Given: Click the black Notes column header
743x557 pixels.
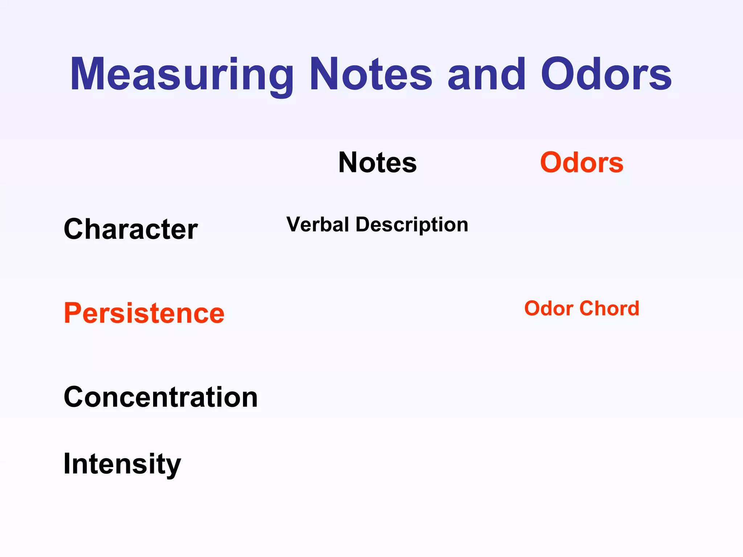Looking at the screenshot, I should point(377,162).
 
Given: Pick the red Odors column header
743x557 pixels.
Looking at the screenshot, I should point(582,162).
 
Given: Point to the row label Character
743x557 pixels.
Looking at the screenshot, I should point(131,229).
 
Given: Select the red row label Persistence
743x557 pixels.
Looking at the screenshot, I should point(144,313).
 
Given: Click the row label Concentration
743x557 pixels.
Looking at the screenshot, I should point(160,397).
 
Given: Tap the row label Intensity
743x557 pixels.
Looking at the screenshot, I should point(122,464).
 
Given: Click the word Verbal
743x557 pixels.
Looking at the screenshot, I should point(318,224).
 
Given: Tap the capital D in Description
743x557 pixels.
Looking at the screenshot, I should point(364,224).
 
